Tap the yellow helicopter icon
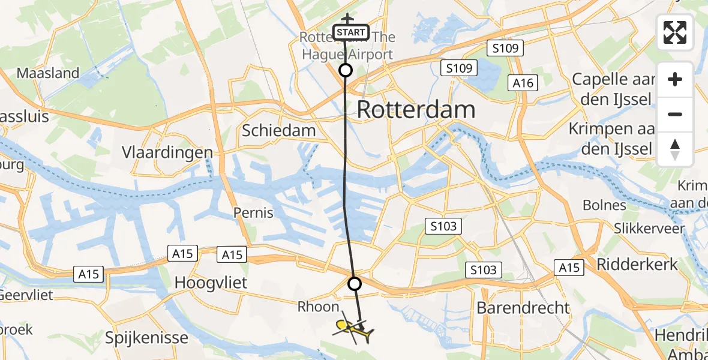pyautogui.click(x=353, y=328)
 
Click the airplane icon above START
pyautogui.click(x=347, y=18)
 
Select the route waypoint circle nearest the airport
pyautogui.click(x=346, y=70)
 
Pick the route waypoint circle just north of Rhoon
pyautogui.click(x=355, y=283)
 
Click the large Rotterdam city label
pyautogui.click(x=416, y=110)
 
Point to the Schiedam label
pyautogui.click(x=278, y=131)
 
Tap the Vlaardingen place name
pyautogui.click(x=167, y=152)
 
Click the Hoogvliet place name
pyautogui.click(x=210, y=283)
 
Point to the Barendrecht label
pyautogui.click(x=523, y=308)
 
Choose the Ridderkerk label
pyautogui.click(x=637, y=264)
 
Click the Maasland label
pyautogui.click(x=48, y=73)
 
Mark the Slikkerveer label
pyautogui.click(x=649, y=229)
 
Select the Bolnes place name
pyautogui.click(x=604, y=205)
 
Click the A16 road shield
pyautogui.click(x=523, y=83)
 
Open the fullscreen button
pyautogui.click(x=675, y=32)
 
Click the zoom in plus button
pyautogui.click(x=675, y=79)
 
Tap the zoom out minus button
pyautogui.click(x=675, y=114)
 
